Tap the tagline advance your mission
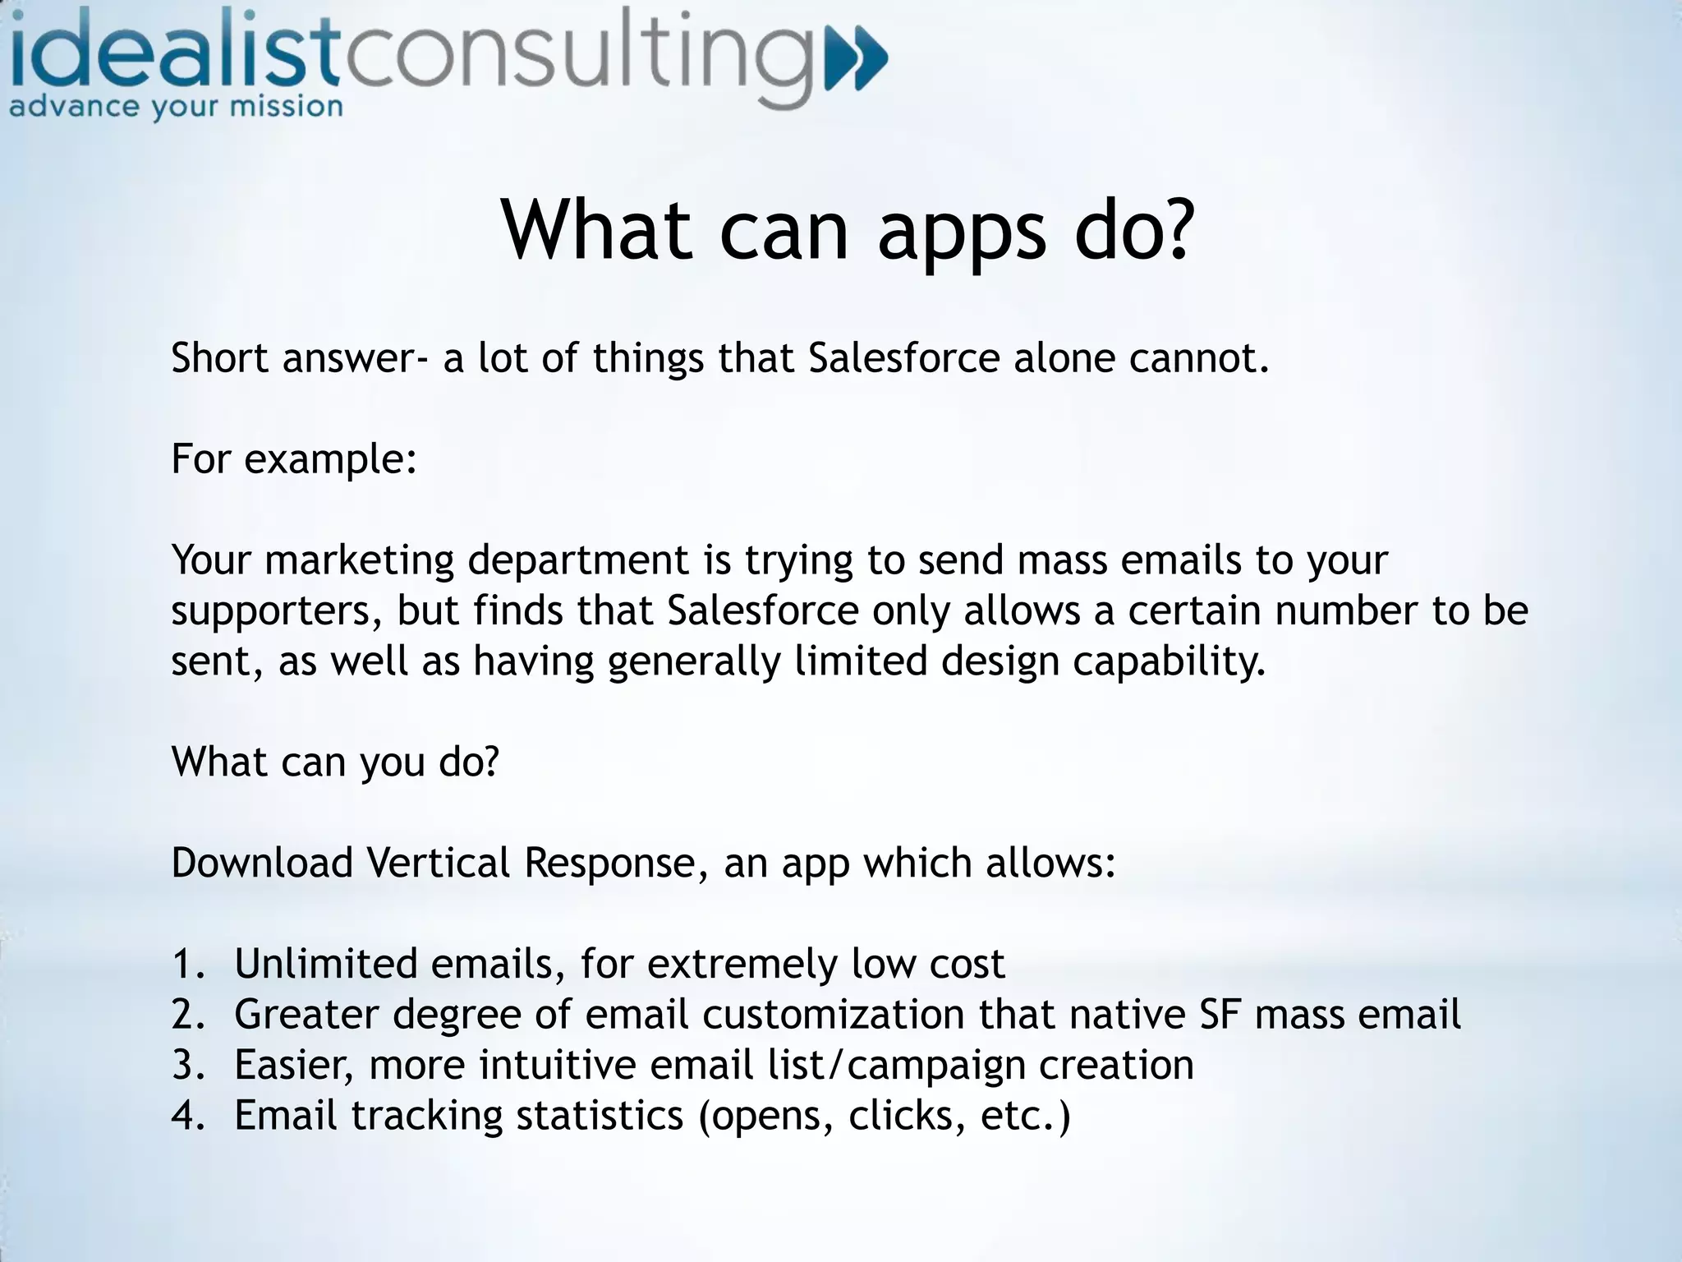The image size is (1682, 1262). coord(176,108)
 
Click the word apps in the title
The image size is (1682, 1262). coord(962,233)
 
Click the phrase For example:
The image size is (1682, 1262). coord(294,458)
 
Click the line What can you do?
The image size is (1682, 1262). coord(335,762)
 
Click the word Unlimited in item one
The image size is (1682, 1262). coord(325,964)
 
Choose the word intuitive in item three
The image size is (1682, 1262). coord(558,1066)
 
